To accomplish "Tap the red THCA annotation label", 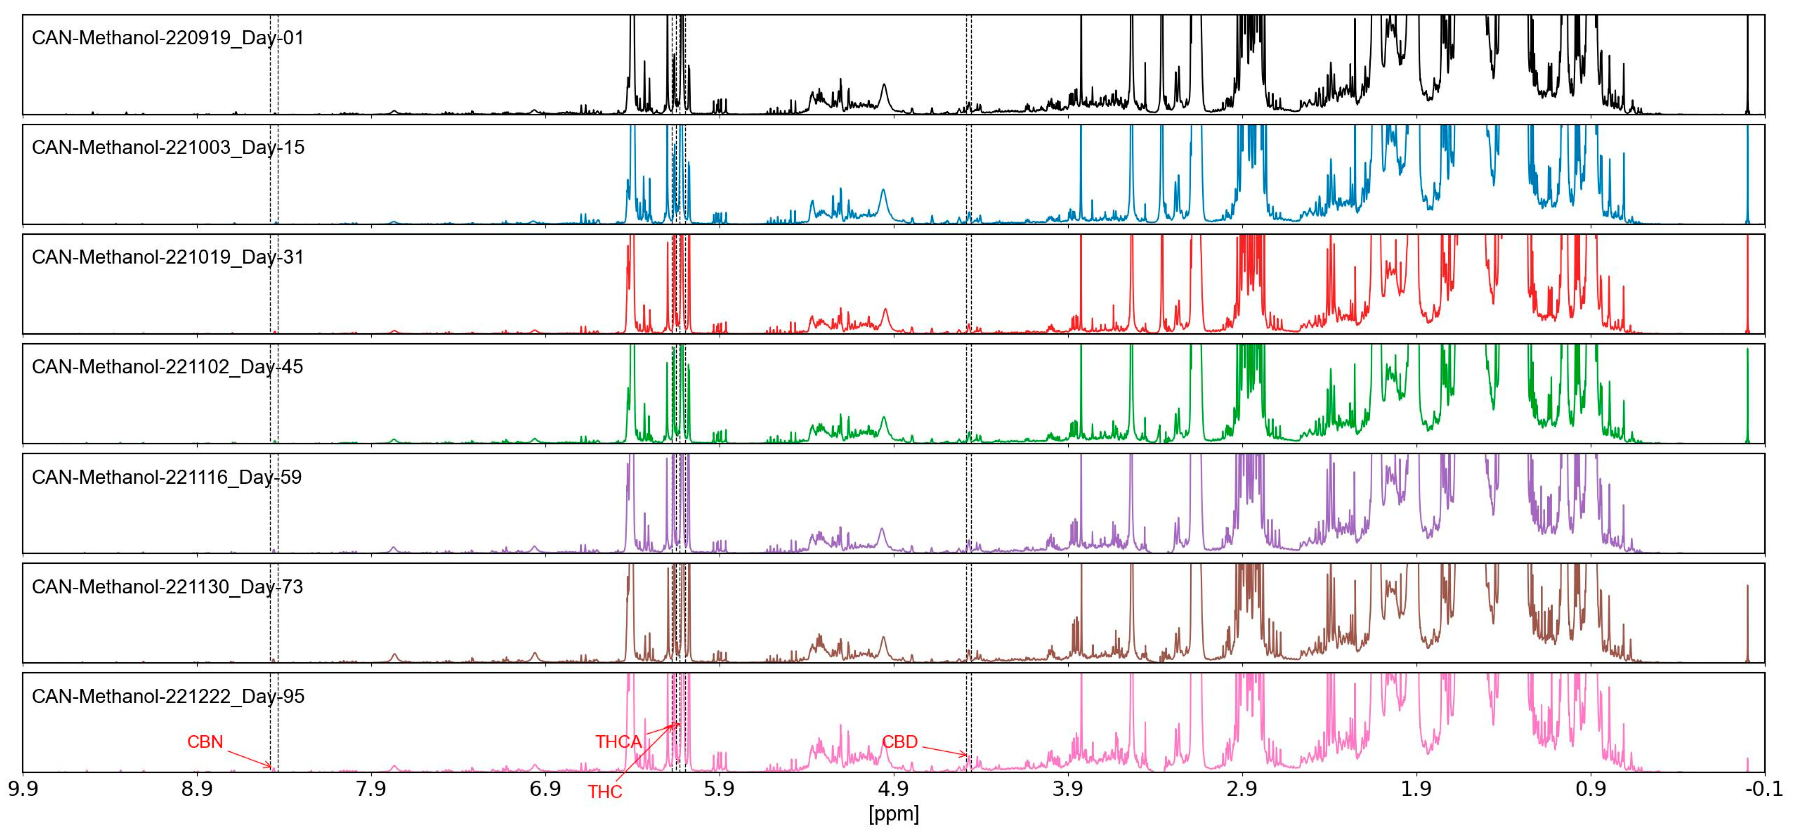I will pos(618,742).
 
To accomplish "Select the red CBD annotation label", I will pos(899,742).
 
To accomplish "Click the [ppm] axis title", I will pos(894,814).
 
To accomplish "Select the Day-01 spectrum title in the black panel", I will pos(168,37).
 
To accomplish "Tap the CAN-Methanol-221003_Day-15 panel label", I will pos(168,148).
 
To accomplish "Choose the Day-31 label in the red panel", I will pos(168,258).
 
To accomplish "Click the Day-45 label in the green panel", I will pos(168,367).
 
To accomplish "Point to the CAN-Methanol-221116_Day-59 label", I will pos(167,478).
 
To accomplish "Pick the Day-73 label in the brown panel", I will pos(168,587).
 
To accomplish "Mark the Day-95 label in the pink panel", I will pos(168,697).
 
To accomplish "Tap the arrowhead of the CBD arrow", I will pos(966,755).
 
